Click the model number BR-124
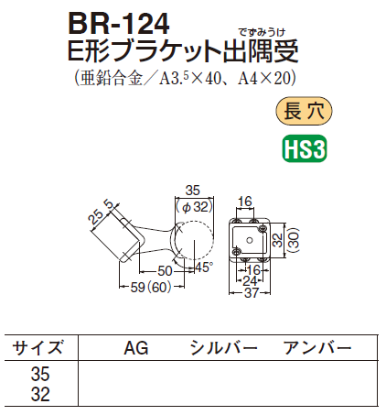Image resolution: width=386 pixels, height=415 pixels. [x=119, y=24]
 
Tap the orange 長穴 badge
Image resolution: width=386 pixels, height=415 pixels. [x=304, y=111]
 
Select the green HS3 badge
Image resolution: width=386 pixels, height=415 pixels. [x=305, y=148]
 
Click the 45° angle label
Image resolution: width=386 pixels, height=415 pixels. [x=203, y=268]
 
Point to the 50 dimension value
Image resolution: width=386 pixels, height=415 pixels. [x=165, y=270]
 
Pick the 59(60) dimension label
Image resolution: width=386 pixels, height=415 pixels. [x=151, y=287]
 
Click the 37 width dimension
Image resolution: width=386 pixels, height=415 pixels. [x=252, y=293]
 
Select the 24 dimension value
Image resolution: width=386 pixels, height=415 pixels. [x=250, y=281]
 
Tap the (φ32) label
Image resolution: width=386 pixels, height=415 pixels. [x=194, y=207]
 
